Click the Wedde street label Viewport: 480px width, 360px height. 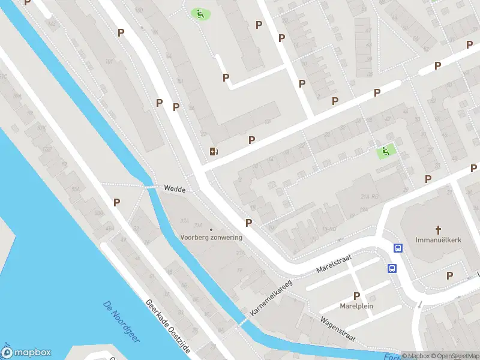point(175,188)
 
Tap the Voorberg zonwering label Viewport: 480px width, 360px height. point(211,238)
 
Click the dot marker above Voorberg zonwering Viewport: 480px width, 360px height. point(211,229)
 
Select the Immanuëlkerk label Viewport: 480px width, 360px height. point(438,239)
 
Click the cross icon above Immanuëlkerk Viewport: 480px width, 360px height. point(438,230)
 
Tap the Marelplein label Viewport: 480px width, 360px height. point(357,305)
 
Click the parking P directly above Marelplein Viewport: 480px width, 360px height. point(357,296)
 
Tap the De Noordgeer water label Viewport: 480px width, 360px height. point(121,321)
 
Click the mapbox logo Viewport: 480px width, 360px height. point(26,353)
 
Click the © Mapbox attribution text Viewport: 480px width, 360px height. point(416,356)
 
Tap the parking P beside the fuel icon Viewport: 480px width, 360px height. point(252,140)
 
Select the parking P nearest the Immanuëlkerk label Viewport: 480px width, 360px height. point(450,275)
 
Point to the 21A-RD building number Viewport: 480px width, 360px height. point(367,196)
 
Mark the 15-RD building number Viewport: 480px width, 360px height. point(329,229)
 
